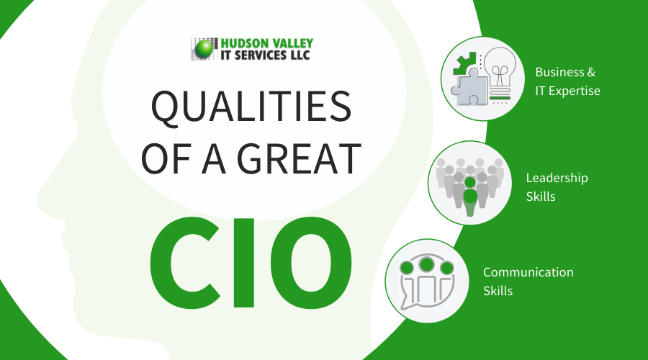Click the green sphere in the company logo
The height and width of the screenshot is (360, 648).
[x=204, y=49]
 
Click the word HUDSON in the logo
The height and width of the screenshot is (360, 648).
[x=243, y=43]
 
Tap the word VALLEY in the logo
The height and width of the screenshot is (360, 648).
[x=292, y=43]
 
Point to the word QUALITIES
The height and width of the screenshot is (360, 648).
[x=251, y=107]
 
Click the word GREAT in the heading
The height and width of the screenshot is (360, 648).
[x=299, y=158]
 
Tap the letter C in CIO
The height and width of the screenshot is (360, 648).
[x=185, y=263]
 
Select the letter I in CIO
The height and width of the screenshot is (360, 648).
[x=244, y=263]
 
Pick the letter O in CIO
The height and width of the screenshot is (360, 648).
[x=311, y=263]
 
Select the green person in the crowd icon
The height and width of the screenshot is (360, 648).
[x=470, y=196]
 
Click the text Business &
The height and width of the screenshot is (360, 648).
[x=565, y=72]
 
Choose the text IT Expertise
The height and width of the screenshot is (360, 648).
[x=568, y=91]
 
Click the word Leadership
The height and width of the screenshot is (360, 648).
[x=557, y=178]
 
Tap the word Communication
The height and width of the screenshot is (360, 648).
[x=528, y=272]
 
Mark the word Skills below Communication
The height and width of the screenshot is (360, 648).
[x=498, y=291]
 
